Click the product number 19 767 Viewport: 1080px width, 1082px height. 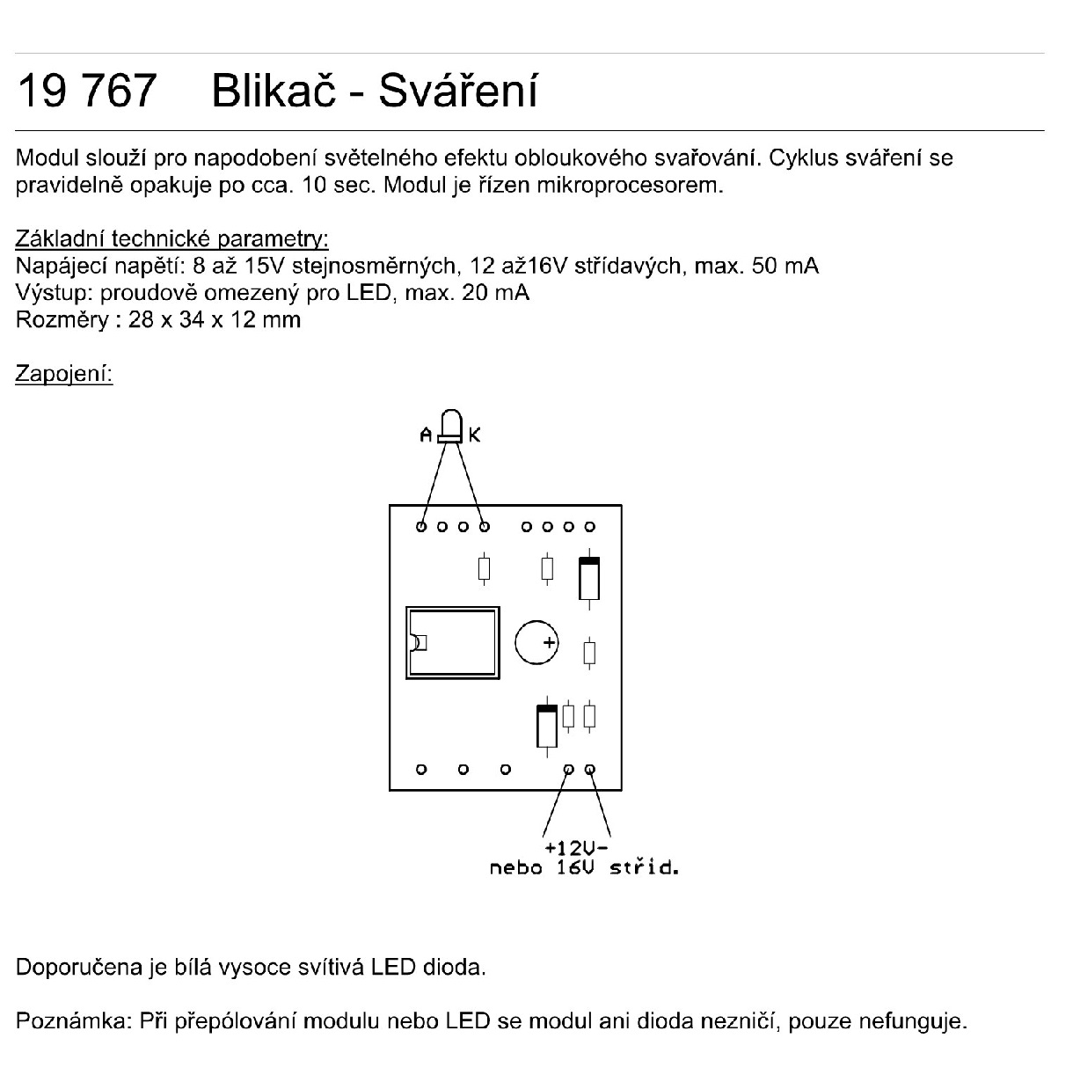[x=87, y=91]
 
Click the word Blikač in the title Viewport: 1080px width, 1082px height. [x=274, y=90]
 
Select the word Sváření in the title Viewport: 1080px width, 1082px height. [x=458, y=90]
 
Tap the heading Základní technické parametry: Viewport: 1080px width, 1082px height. [x=171, y=238]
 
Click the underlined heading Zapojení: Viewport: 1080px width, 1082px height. [x=64, y=373]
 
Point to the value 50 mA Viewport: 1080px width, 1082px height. [x=784, y=266]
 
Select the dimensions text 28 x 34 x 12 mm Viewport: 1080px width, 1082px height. [x=215, y=319]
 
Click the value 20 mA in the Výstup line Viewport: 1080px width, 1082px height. [x=495, y=293]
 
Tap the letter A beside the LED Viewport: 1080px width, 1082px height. [x=426, y=435]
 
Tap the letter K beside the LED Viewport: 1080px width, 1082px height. [x=475, y=435]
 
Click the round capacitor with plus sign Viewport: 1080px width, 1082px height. [x=536, y=642]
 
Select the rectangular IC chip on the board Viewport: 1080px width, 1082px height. [x=453, y=642]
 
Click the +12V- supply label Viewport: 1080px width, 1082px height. [x=577, y=847]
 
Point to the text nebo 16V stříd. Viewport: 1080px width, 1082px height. [x=584, y=867]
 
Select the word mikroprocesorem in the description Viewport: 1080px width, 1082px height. [x=629, y=186]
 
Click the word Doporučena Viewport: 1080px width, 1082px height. [x=79, y=967]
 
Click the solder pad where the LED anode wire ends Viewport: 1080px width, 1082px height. [x=421, y=527]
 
